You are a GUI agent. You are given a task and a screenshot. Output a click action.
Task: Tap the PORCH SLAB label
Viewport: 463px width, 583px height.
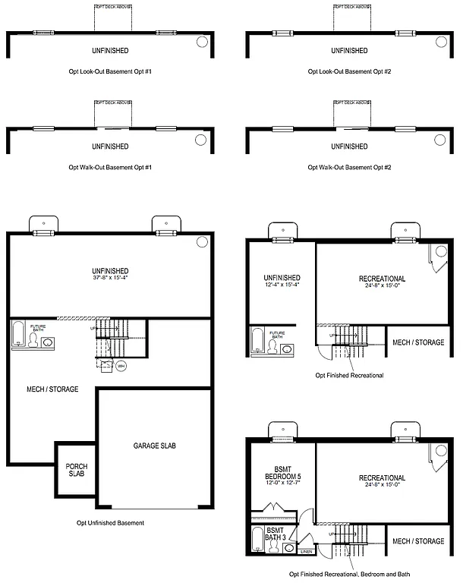(77, 471)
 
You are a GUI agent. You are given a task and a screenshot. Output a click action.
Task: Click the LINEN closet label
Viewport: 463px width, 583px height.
(306, 551)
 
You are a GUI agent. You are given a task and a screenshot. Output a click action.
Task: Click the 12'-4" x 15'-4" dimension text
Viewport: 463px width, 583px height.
(282, 285)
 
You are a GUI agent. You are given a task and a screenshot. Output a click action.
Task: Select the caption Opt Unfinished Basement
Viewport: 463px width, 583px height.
(110, 522)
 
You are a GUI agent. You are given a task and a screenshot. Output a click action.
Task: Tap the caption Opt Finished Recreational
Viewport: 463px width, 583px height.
(349, 375)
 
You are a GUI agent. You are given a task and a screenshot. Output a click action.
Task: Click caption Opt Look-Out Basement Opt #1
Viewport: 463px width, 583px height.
(110, 71)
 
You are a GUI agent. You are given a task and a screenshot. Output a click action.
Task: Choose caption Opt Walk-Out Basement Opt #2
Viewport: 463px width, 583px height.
(349, 166)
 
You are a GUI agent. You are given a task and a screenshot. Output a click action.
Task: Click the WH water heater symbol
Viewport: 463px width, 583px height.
(121, 366)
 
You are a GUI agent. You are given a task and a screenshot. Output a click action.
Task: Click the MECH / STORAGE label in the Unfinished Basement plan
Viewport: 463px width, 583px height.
(52, 389)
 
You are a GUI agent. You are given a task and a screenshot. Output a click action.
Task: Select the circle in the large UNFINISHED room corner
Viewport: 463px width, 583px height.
(202, 241)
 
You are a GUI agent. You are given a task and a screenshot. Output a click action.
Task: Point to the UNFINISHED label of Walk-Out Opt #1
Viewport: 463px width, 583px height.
(110, 146)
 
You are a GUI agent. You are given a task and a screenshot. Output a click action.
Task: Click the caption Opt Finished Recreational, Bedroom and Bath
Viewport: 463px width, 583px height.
(349, 575)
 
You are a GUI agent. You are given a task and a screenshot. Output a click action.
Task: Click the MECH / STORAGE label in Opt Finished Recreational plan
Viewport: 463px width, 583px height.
(418, 342)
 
